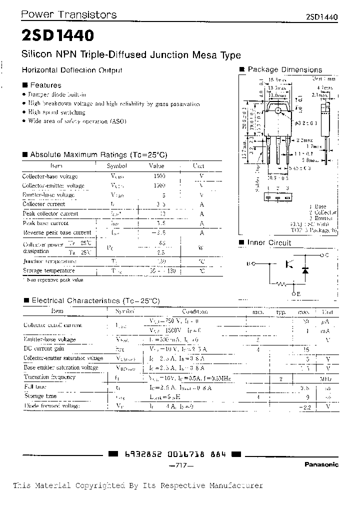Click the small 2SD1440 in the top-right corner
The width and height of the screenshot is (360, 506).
pyautogui.click(x=321, y=16)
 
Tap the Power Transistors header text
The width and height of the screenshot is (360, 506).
pyautogui.click(x=68, y=14)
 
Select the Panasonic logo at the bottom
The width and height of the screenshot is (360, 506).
pyautogui.click(x=321, y=464)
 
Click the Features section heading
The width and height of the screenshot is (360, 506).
pyautogui.click(x=45, y=85)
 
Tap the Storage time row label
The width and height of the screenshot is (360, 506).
pyautogui.click(x=40, y=396)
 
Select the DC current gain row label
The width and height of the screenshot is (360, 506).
pyautogui.click(x=43, y=348)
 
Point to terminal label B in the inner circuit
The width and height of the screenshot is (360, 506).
pyautogui.click(x=247, y=263)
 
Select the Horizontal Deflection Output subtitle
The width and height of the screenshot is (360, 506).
pyautogui.click(x=72, y=70)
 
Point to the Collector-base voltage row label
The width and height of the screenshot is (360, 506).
pyautogui.click(x=50, y=176)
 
